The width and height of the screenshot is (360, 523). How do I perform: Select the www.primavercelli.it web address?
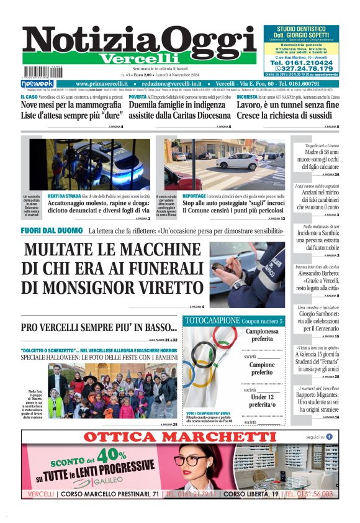(102, 83)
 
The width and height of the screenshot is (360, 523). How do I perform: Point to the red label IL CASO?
(29, 97)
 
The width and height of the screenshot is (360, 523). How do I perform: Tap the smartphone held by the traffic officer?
(222, 268)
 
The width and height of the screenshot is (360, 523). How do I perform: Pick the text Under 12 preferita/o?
(263, 401)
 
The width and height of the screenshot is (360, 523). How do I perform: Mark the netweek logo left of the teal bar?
(37, 84)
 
